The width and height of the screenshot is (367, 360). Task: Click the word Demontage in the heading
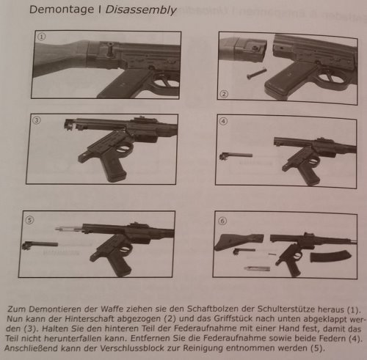[x=62, y=10]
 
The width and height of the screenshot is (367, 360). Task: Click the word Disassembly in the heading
[x=141, y=10]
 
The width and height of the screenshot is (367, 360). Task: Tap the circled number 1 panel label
[x=41, y=37]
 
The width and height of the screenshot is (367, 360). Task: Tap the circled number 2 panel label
[x=224, y=94]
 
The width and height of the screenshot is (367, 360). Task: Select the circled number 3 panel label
[x=37, y=120]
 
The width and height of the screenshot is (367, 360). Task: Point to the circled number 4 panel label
[x=223, y=122]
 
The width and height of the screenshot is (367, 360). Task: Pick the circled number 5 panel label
[x=29, y=220]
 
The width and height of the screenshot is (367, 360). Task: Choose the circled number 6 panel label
[x=222, y=221]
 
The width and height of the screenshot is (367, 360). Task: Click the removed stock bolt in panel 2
[x=256, y=74]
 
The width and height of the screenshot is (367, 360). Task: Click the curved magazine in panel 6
[x=330, y=257]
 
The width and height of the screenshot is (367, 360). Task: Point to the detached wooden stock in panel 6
[x=239, y=242]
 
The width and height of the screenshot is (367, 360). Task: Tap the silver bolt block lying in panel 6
[x=257, y=268]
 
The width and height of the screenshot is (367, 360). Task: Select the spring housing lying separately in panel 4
[x=236, y=155]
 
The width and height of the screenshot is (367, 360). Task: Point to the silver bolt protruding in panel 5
[x=69, y=229]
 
